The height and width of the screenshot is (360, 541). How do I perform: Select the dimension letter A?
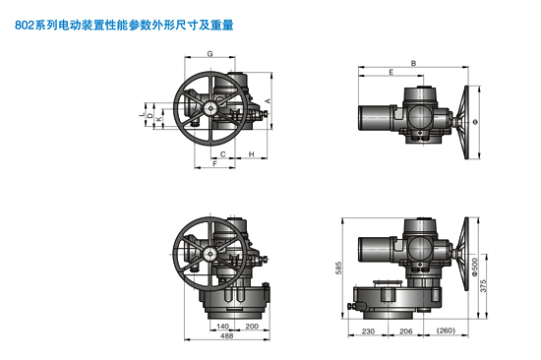tap(269, 102)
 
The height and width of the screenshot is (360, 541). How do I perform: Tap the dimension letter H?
tap(252, 155)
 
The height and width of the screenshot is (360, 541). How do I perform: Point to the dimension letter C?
tap(223, 155)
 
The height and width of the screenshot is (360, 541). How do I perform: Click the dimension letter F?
tap(214, 165)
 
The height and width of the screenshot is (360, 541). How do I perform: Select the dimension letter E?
tap(391, 74)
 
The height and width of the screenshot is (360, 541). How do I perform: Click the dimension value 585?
tap(337, 267)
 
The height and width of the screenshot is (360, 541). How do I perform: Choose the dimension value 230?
tap(367, 331)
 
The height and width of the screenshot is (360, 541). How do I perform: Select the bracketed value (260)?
tap(448, 331)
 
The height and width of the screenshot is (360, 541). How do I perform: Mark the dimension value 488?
tap(226, 337)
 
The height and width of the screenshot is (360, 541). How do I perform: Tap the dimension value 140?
tap(222, 327)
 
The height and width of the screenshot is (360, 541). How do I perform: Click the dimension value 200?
tap(252, 327)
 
